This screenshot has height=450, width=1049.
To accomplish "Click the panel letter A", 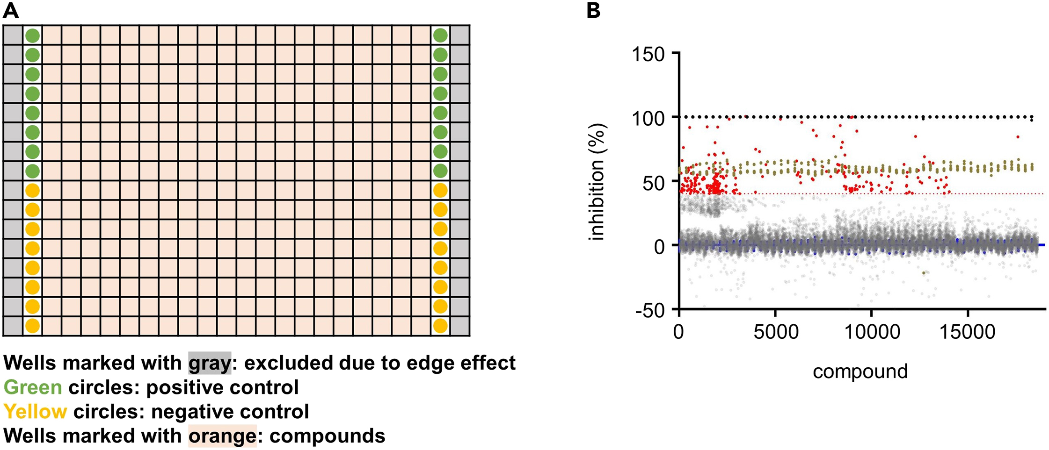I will point(11,10).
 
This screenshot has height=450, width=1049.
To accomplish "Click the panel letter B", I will point(593,10).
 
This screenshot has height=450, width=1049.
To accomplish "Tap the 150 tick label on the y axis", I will point(648,55).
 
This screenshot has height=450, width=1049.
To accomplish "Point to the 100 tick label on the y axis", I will point(648,118).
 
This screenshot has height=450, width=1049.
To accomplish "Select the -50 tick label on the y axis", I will point(650,310).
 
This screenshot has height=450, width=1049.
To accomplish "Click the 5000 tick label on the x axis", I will point(776,332).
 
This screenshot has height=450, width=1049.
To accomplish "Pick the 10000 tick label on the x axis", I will point(872,332).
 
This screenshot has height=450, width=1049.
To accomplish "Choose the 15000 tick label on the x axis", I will point(968,332).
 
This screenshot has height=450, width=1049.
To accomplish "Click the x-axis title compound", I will point(860,371).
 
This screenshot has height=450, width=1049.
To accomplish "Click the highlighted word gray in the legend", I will point(210,363).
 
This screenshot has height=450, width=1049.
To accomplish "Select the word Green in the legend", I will point(33,387).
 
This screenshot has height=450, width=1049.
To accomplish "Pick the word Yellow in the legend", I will point(35,412).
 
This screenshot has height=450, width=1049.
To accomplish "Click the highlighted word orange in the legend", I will point(222,436).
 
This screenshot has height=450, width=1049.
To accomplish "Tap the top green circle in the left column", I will point(32,36).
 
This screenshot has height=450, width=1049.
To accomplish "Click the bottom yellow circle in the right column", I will point(440,326).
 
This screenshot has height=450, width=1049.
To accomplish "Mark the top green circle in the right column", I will point(440,36).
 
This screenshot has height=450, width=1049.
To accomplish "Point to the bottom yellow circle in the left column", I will point(32,326).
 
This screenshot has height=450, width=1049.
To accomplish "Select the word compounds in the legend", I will point(327,436).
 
